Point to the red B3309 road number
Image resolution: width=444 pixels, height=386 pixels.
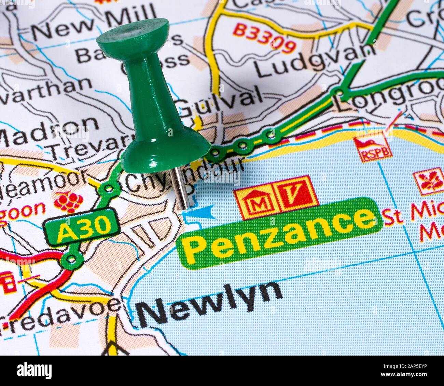(x=265, y=37)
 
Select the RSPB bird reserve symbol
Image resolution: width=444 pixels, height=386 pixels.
(x=372, y=148)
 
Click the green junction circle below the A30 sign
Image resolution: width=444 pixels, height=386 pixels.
(x=72, y=259)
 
